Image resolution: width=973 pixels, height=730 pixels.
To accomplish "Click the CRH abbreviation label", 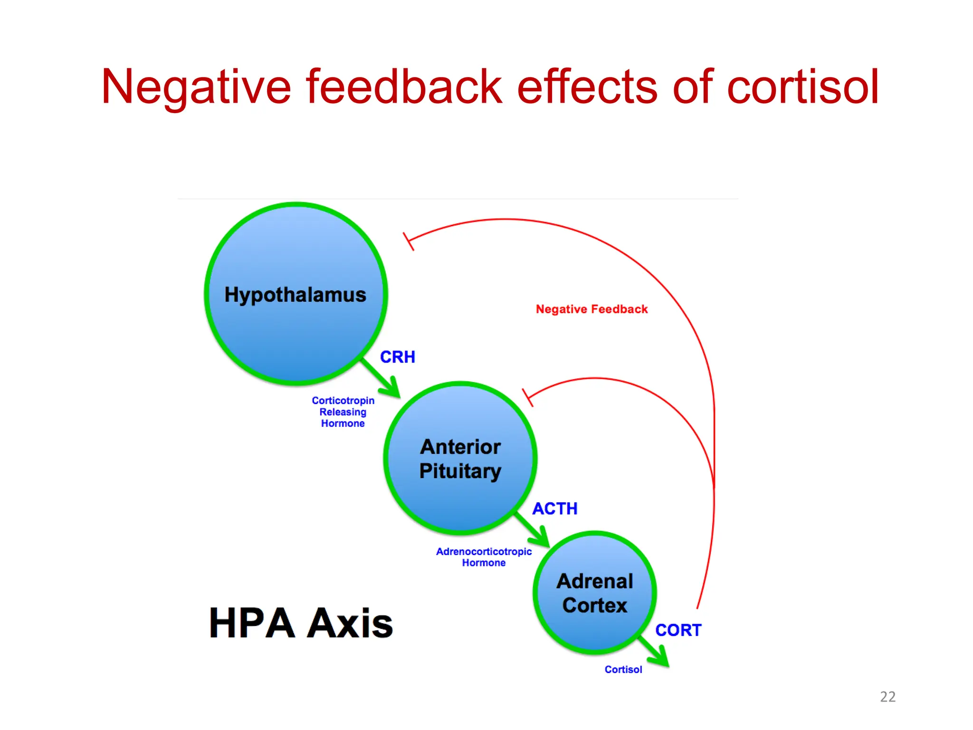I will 397,357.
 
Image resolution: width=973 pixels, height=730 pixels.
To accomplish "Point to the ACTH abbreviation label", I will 554,509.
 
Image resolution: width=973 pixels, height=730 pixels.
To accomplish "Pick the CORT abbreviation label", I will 678,630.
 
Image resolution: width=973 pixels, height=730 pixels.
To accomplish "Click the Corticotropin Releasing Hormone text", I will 343,412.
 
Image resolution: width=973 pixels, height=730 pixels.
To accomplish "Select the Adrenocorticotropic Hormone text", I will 484,557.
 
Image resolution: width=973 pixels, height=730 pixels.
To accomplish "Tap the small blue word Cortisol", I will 623,669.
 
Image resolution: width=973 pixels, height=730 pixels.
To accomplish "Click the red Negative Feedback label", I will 591,309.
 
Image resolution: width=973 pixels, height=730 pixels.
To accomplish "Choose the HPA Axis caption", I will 301,623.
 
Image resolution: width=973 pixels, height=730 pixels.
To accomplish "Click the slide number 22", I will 887,696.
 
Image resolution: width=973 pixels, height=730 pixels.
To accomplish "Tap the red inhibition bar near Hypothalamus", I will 409,241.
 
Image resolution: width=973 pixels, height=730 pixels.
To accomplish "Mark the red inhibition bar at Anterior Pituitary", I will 528,397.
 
